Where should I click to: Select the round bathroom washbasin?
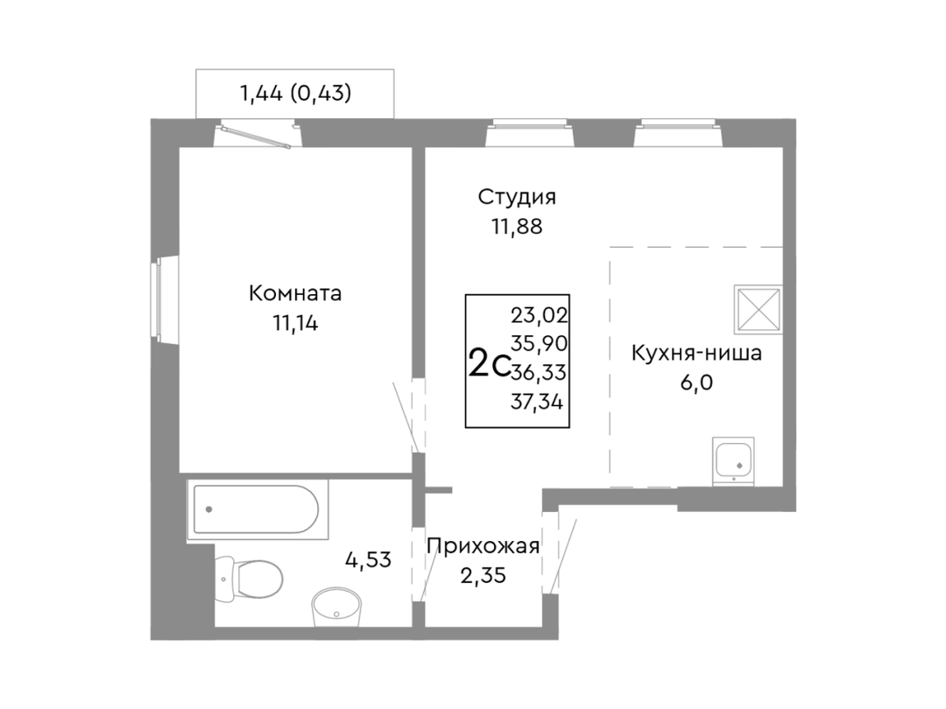(x=336, y=607)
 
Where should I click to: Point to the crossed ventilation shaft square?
(x=759, y=309)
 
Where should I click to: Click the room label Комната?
(x=295, y=293)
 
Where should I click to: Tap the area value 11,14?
(x=296, y=324)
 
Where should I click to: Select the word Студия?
(x=517, y=197)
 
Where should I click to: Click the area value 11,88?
(x=517, y=227)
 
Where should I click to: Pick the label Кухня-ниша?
(x=697, y=353)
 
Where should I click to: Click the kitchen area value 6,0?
(x=697, y=383)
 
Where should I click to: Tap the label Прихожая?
(x=483, y=546)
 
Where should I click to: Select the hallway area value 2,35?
(x=483, y=576)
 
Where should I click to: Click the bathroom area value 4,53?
(x=368, y=560)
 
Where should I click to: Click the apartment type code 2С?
(x=490, y=364)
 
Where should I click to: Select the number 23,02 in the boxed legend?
(x=540, y=315)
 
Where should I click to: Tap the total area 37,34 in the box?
(x=537, y=402)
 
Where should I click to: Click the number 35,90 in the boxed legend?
(x=540, y=344)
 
